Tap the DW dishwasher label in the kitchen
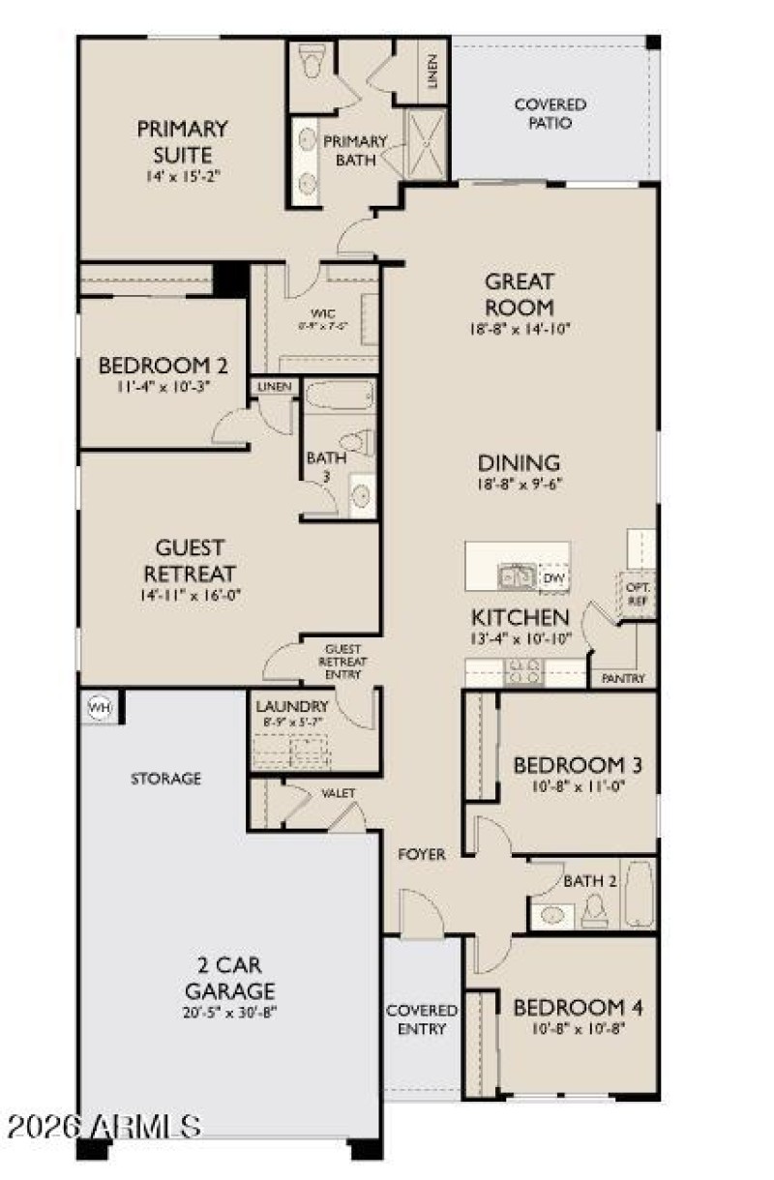pyautogui.click(x=553, y=578)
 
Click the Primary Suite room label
pyautogui.click(x=182, y=141)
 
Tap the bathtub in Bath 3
pyautogui.click(x=339, y=398)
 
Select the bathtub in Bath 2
pyautogui.click(x=639, y=895)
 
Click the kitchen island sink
pyautogui.click(x=515, y=577)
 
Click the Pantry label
pyautogui.click(x=623, y=679)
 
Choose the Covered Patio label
pyautogui.click(x=550, y=114)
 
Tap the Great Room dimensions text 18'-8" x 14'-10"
pyautogui.click(x=520, y=329)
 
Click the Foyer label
pyautogui.click(x=422, y=854)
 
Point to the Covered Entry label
pyautogui.click(x=422, y=1019)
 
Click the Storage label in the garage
pyautogui.click(x=166, y=778)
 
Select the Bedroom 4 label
pyautogui.click(x=578, y=1008)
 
